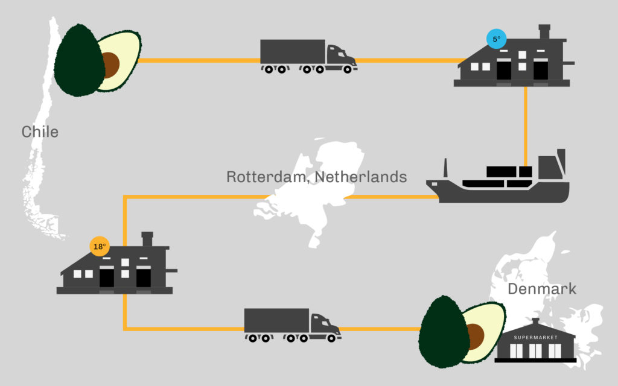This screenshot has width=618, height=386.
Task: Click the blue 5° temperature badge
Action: coord(496,39)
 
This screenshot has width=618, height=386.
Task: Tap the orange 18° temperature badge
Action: coord(100,247)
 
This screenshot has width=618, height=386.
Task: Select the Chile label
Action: coord(40,132)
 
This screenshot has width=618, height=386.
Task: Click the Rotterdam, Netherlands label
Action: coord(316,177)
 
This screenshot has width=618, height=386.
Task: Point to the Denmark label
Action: coord(542,289)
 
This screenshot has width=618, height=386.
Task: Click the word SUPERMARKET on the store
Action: coord(536,338)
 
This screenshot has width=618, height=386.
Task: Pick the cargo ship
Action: coord(498,177)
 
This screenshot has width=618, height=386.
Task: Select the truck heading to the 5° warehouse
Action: coord(308,56)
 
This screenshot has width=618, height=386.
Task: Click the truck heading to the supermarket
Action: coord(293,325)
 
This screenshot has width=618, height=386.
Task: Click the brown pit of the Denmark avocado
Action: coord(476,337)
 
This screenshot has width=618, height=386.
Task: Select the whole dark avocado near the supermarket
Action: coord(444,332)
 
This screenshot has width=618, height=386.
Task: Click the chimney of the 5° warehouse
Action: coord(544,31)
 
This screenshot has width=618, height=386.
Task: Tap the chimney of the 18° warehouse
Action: coord(147,239)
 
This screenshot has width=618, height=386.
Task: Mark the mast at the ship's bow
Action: coord(446,168)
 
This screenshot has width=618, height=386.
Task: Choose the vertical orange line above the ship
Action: coord(526,126)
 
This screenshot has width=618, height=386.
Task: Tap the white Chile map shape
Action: coord(42,130)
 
